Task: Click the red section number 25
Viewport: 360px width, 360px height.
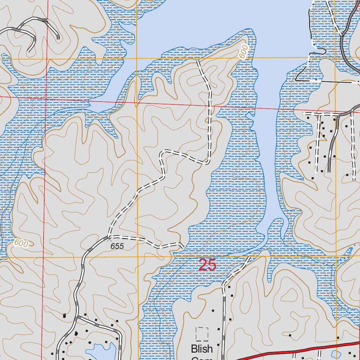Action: (x=207, y=265)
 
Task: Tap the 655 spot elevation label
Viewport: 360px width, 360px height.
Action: (x=117, y=246)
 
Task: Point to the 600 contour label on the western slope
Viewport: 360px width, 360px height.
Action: (x=21, y=243)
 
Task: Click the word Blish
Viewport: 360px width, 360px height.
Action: (x=202, y=349)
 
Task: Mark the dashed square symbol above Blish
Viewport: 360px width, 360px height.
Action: (x=202, y=334)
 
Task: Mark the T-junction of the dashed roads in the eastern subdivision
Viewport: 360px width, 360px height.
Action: (x=319, y=114)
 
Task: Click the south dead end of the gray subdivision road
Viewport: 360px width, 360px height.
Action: (x=329, y=171)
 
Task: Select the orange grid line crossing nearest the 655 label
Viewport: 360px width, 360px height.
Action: (x=137, y=257)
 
